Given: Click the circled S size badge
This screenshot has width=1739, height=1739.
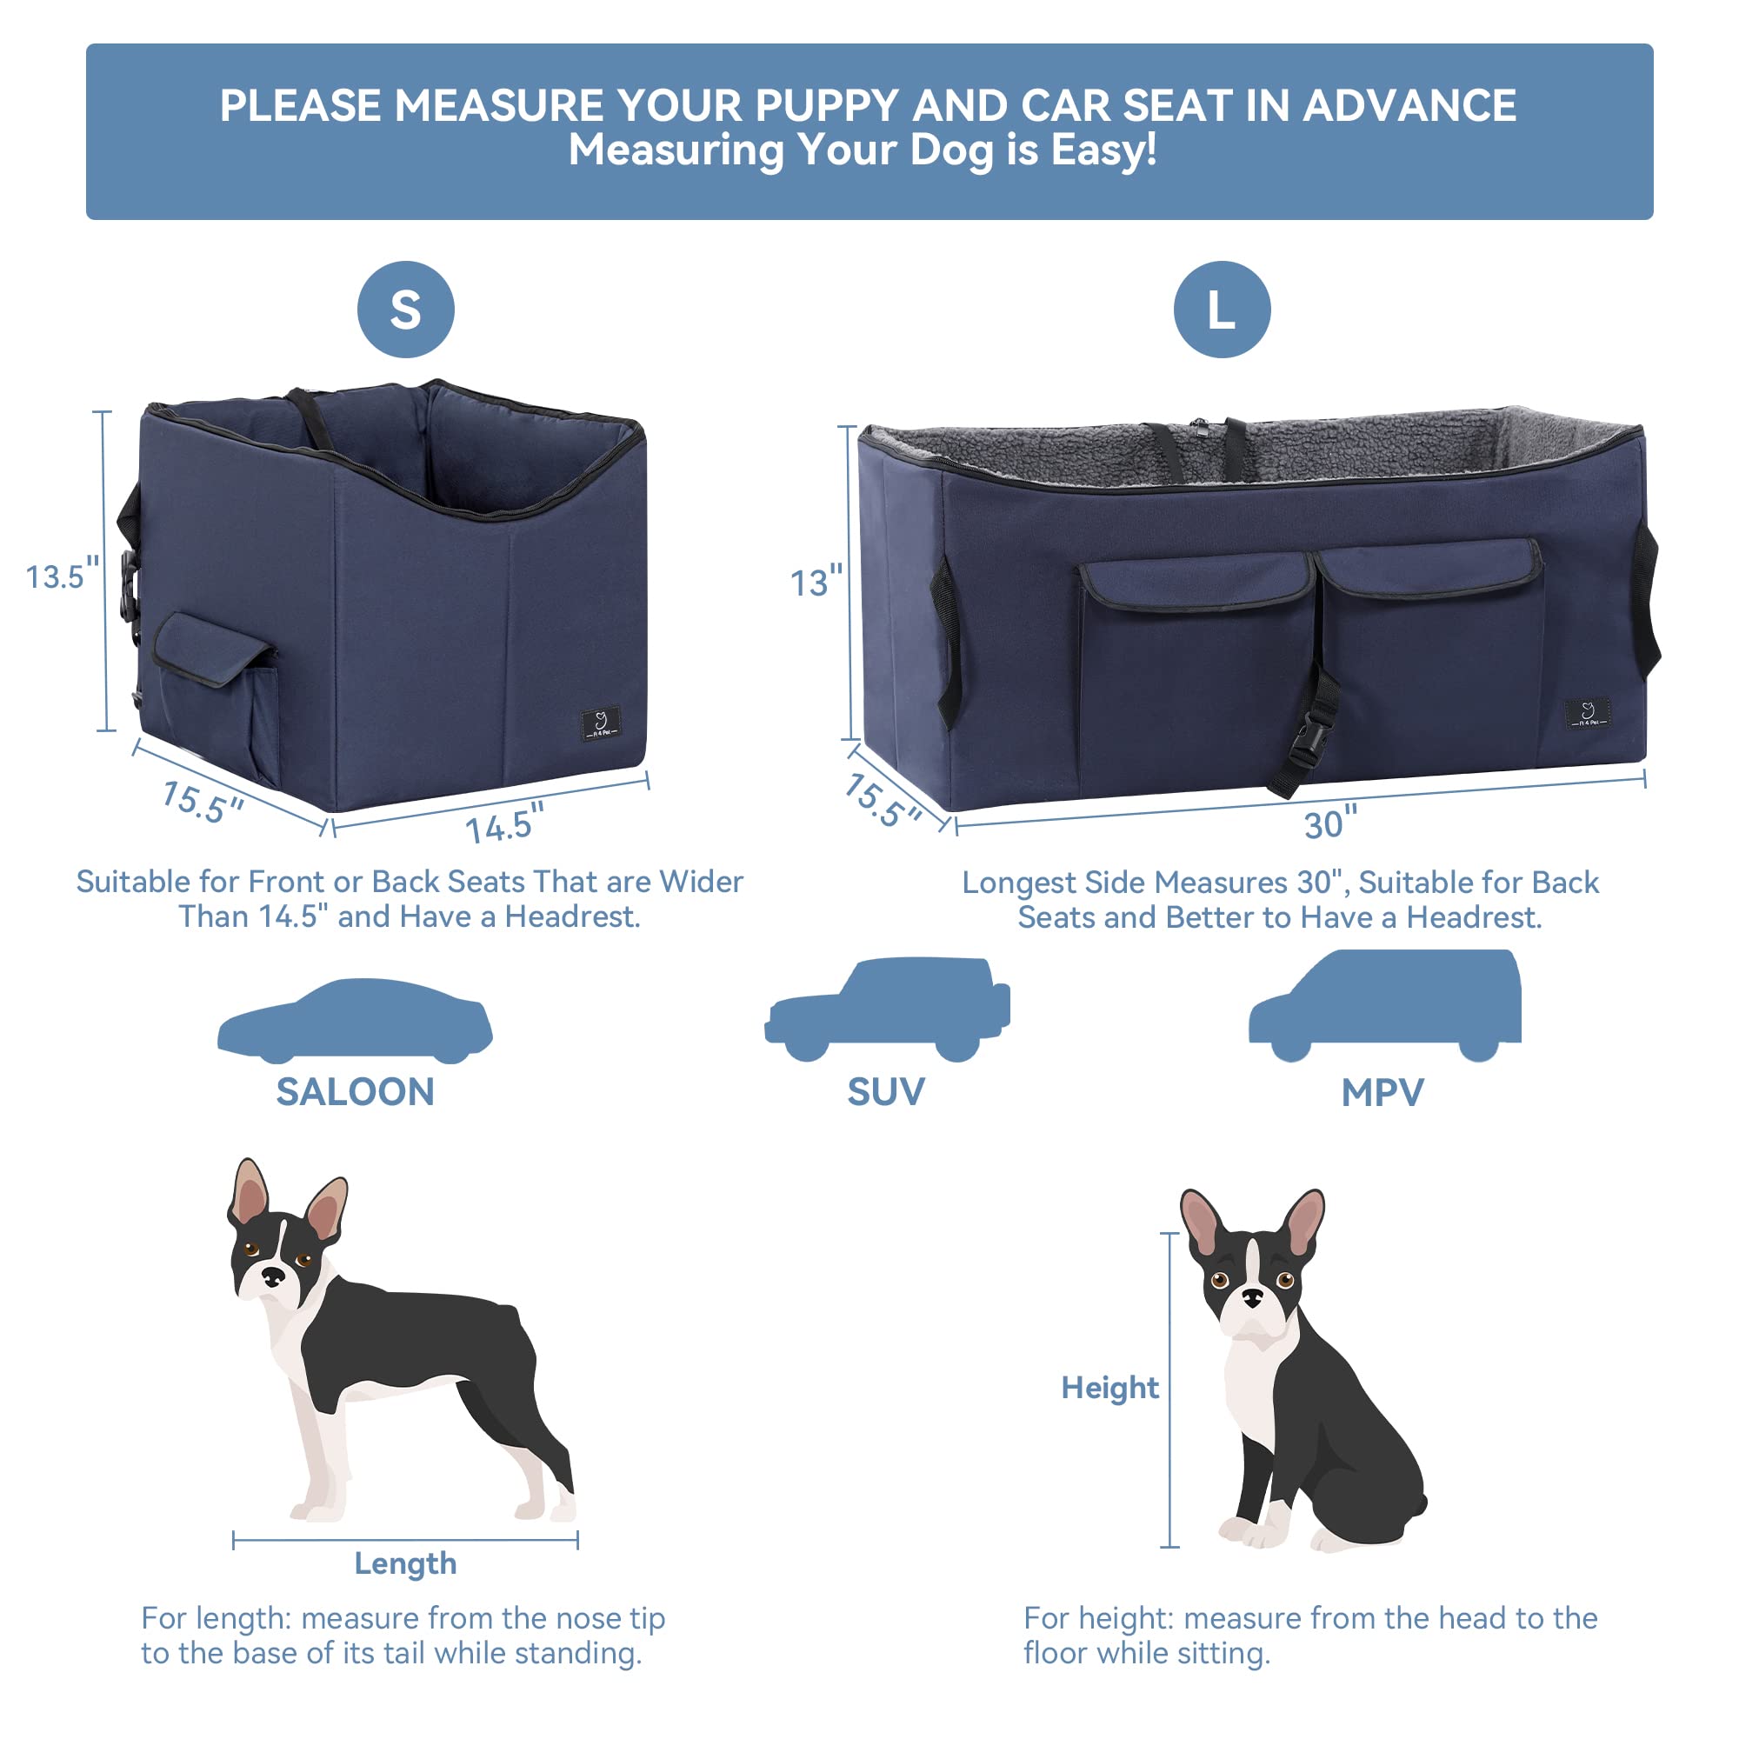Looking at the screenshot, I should click(x=405, y=310).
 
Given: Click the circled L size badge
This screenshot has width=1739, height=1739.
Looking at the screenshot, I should click(x=1222, y=310).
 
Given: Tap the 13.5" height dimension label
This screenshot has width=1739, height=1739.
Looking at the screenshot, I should click(x=61, y=576).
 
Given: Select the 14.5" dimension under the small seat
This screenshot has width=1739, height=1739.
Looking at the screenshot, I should click(x=504, y=823).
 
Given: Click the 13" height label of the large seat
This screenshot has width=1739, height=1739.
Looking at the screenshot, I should click(x=816, y=583).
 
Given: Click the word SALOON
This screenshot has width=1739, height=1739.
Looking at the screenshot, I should click(x=355, y=1092).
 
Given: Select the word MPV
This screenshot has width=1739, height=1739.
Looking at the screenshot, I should click(x=1383, y=1093).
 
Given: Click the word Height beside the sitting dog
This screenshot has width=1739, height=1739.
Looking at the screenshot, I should click(x=1109, y=1387).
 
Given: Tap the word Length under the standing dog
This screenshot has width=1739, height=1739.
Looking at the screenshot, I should click(x=405, y=1563).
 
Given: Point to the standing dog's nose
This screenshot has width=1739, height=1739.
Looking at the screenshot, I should click(x=272, y=1275).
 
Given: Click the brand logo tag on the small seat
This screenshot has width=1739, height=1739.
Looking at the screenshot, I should click(x=600, y=723).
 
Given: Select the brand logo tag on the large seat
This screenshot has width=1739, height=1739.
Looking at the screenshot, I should click(x=1587, y=715).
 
